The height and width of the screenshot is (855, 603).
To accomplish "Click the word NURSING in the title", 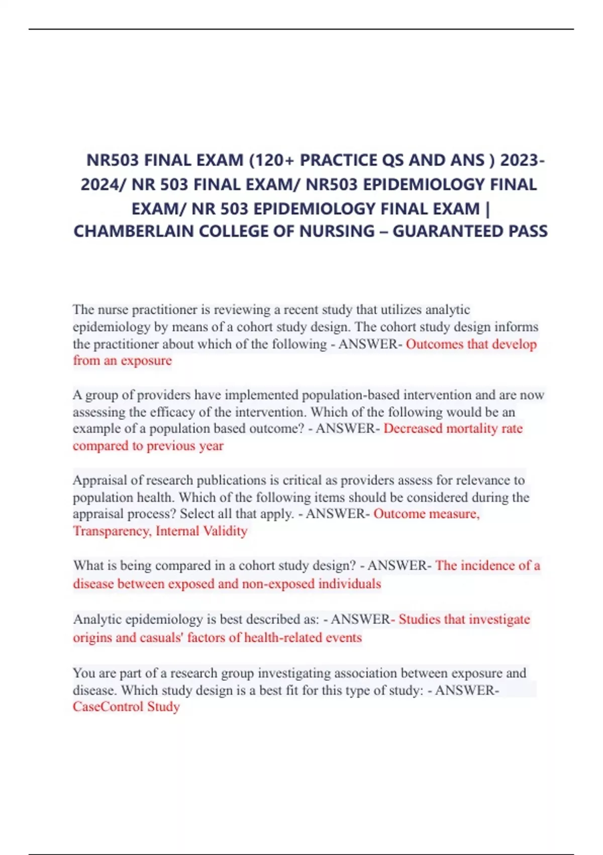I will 337,231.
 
